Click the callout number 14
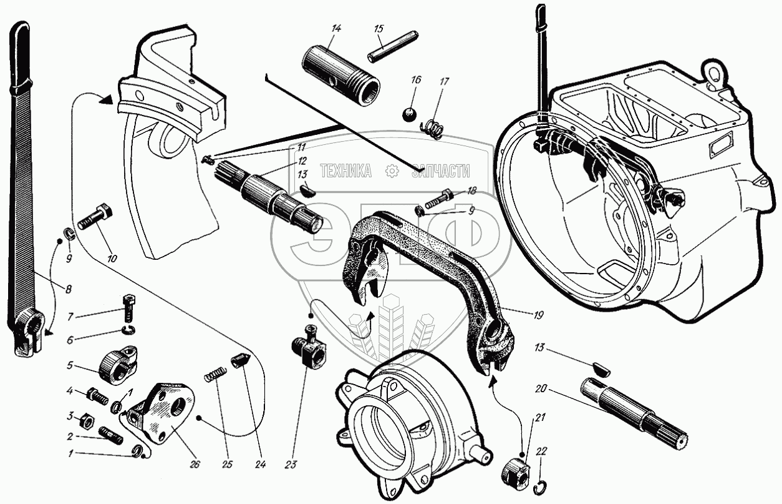336,28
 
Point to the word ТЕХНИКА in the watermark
346,170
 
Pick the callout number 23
291,464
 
